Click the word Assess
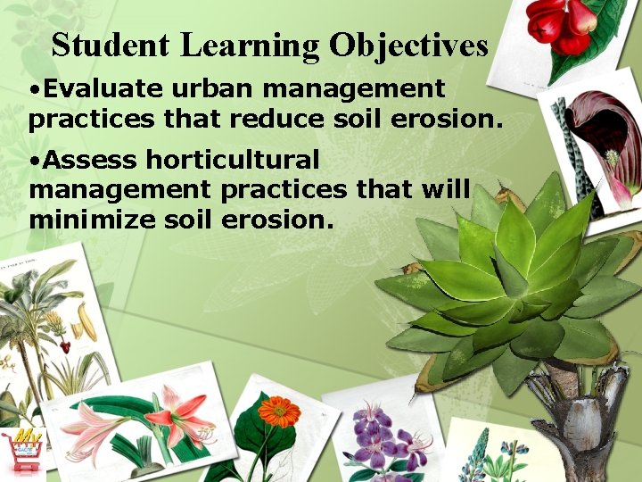pyautogui.click(x=89, y=161)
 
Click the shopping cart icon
pyautogui.click(x=22, y=452)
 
